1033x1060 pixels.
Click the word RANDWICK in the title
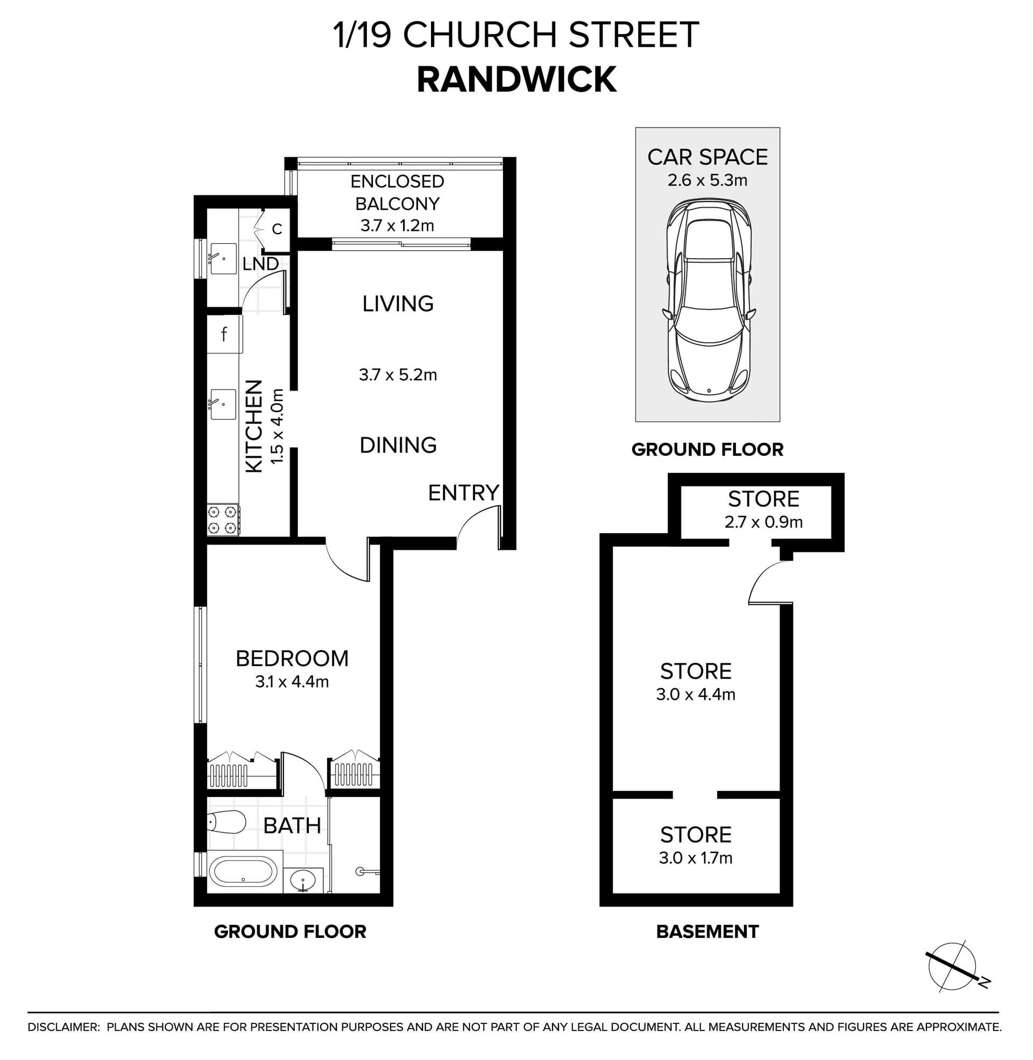point(516,79)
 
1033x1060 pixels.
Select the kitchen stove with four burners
point(223,520)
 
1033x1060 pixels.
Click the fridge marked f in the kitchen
point(223,335)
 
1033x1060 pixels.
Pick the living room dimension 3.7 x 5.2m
point(398,375)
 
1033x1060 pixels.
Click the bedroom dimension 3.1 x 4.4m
point(292,682)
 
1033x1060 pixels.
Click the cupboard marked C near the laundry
point(277,229)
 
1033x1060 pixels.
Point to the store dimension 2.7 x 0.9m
point(763,522)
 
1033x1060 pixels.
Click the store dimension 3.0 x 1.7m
point(696,858)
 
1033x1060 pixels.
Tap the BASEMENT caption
point(707,931)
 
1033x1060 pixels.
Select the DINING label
point(398,446)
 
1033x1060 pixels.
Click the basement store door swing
point(769,583)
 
